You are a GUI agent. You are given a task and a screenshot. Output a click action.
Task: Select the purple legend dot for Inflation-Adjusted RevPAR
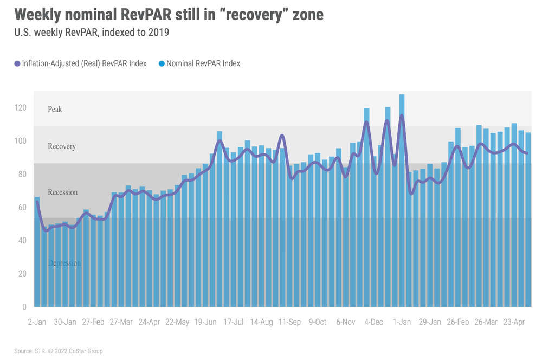tap(17, 63)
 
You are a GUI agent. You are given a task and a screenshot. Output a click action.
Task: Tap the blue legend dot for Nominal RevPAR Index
tap(162, 63)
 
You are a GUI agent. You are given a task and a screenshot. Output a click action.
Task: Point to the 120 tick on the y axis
tap(20, 108)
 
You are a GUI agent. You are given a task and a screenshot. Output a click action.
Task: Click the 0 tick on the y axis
tap(24, 307)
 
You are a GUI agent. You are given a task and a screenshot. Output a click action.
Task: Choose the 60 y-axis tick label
tap(22, 208)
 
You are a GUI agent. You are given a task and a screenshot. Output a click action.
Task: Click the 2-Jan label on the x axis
tap(37, 322)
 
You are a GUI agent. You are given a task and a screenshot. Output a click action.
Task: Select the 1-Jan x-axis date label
tap(402, 322)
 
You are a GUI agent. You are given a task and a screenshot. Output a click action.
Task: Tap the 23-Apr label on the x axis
tap(513, 322)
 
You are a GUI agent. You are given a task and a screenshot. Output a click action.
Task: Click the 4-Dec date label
tap(373, 322)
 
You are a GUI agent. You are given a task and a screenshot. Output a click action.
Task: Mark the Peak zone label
tap(55, 109)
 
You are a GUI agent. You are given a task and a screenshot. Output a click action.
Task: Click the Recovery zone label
tap(62, 146)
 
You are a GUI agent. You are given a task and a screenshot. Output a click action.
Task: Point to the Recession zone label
tap(62, 192)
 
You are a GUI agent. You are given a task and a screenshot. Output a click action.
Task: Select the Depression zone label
tap(64, 263)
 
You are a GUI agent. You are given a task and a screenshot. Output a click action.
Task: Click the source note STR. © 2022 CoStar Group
tap(59, 351)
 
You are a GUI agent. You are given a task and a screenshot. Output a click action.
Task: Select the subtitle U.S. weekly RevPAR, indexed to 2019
tap(92, 33)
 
